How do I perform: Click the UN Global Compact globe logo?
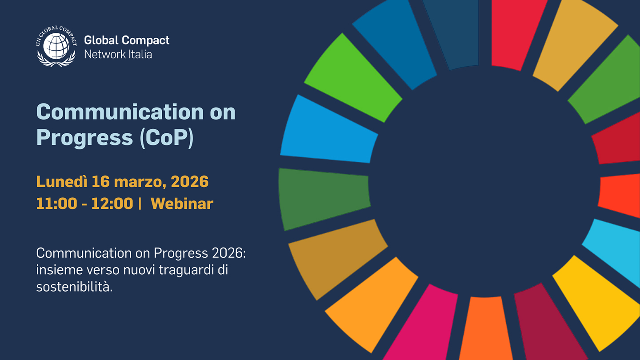(56, 46)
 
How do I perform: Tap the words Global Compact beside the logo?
(127, 40)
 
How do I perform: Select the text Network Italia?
(118, 54)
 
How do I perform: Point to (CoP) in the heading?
(166, 138)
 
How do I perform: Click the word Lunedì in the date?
(61, 181)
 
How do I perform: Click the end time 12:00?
(112, 204)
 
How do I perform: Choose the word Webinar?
(182, 204)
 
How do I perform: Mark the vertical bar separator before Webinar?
(140, 204)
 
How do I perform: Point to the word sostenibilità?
(74, 287)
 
